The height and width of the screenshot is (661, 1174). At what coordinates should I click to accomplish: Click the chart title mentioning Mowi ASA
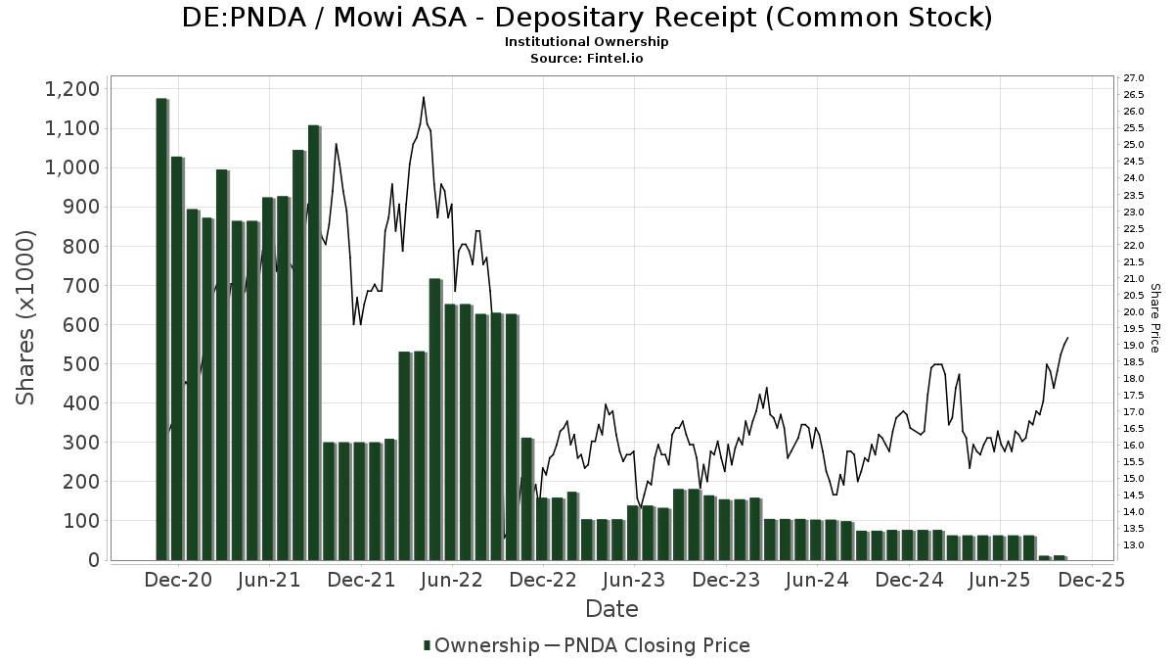click(x=587, y=18)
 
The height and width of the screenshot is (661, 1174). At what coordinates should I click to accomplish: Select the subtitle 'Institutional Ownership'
click(x=586, y=42)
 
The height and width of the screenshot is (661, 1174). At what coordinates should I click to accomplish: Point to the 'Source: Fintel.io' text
click(x=586, y=58)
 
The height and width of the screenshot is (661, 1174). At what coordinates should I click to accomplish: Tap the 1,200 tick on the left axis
click(x=72, y=89)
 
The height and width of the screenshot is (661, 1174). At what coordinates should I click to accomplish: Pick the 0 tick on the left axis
click(x=94, y=560)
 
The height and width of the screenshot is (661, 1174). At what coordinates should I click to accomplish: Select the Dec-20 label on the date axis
click(x=178, y=580)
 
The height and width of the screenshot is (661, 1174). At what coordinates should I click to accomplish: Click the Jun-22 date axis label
click(x=451, y=580)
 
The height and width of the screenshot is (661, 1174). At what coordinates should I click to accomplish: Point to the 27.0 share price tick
click(x=1135, y=78)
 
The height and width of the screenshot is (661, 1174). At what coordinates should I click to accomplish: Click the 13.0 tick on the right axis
click(x=1135, y=545)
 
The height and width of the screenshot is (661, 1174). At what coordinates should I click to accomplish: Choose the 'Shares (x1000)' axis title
click(x=26, y=317)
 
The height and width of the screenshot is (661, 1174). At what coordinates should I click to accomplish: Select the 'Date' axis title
click(x=611, y=609)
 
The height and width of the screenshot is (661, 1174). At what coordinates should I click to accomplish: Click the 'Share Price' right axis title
click(x=1154, y=317)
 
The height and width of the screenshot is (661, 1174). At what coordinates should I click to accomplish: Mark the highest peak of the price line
click(x=423, y=97)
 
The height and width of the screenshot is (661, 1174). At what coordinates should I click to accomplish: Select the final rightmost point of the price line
click(x=1067, y=338)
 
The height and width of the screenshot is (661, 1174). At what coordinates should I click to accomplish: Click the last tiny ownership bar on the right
click(x=1060, y=557)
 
